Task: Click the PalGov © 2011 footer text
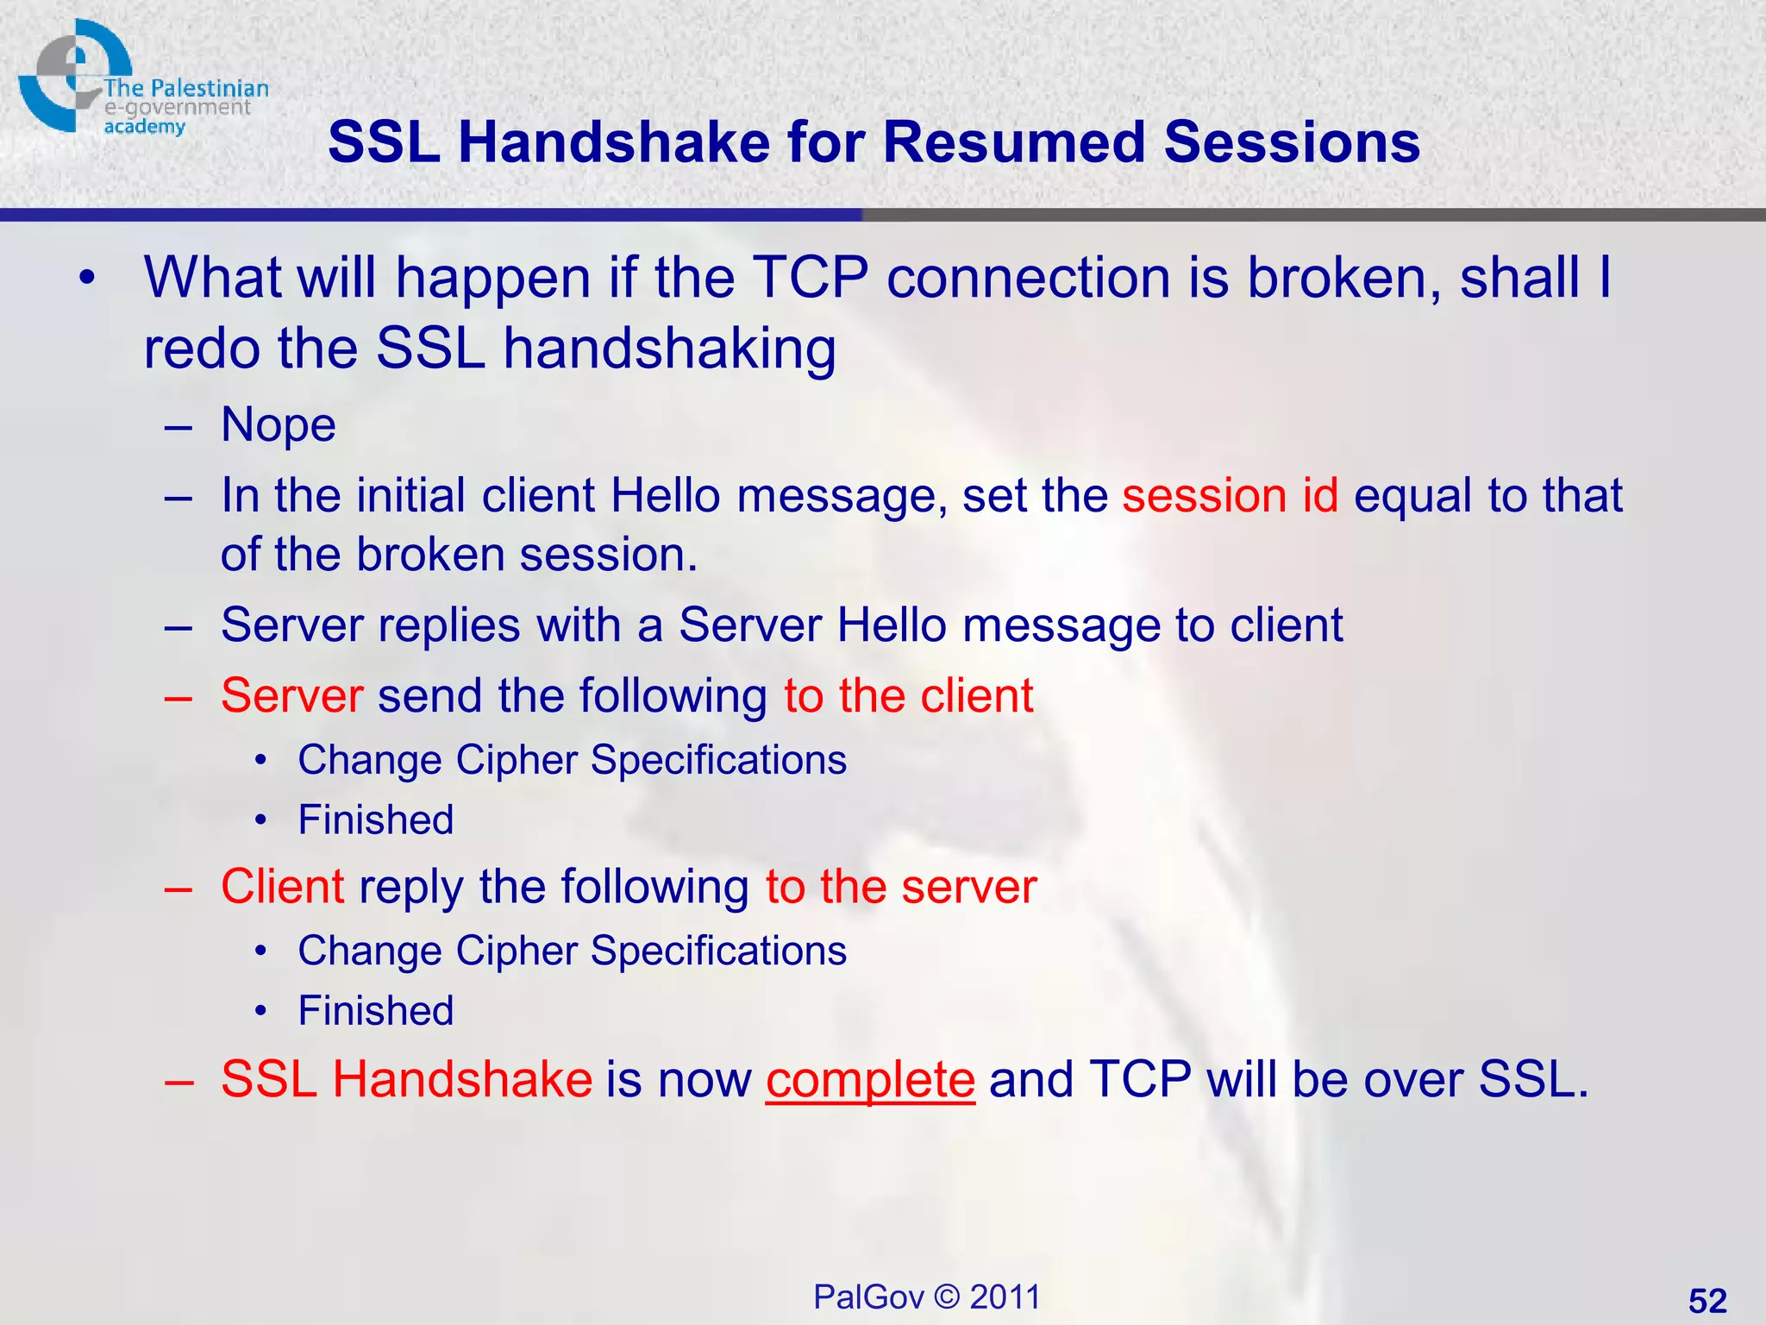pos(927,1297)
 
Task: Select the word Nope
pos(278,425)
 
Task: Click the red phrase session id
pos(1230,496)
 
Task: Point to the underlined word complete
pos(870,1079)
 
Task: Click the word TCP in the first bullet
pos(811,278)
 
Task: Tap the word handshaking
pos(669,349)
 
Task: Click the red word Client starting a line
pos(282,887)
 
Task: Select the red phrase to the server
pos(901,887)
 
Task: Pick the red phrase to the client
pos(908,695)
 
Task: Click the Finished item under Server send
pos(376,819)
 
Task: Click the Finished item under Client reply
pos(376,1011)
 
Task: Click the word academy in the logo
pos(144,128)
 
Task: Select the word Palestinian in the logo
pos(210,88)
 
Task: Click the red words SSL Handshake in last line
pos(406,1079)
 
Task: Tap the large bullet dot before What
pos(86,279)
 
